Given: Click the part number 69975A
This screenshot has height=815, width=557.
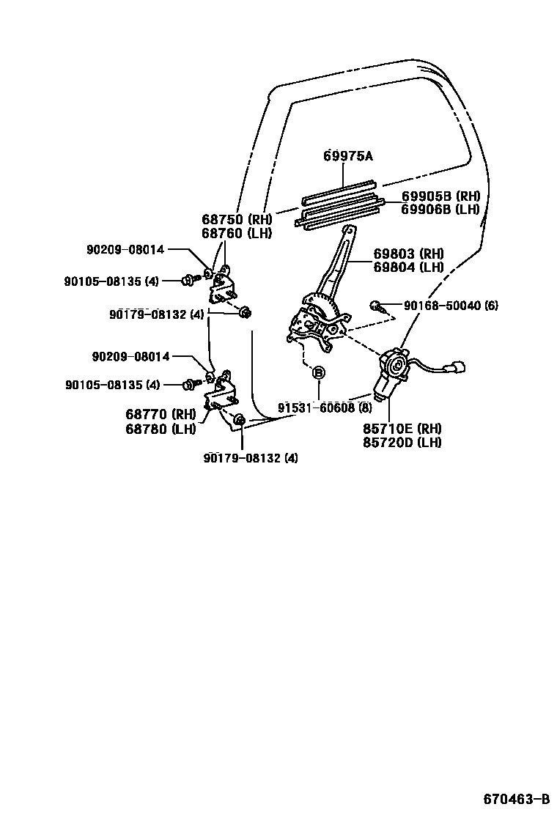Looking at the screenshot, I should [348, 155].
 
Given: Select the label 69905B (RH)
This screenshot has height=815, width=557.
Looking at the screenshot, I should [440, 196].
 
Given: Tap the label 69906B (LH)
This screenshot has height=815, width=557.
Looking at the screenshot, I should [440, 209].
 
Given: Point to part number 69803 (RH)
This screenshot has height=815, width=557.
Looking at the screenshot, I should [408, 254].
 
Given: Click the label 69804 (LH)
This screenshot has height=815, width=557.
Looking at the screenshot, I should [408, 267].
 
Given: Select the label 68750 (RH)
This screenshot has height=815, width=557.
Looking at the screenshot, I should [236, 218].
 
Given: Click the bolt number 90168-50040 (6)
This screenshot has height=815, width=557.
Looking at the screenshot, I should [450, 305].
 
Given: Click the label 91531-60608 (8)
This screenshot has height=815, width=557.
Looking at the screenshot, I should [325, 407].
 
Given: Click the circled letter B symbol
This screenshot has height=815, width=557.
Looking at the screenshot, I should [319, 373].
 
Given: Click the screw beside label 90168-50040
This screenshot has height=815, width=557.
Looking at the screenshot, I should [377, 306].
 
